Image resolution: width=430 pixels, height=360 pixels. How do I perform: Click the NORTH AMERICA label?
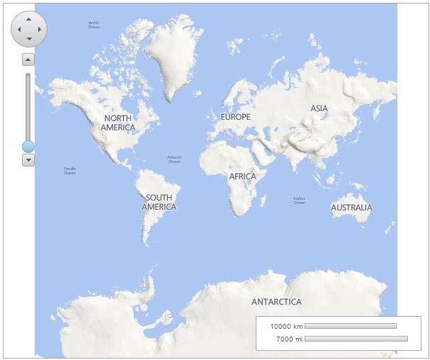click(x=118, y=123)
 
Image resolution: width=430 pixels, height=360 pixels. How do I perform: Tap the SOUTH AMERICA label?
click(x=159, y=202)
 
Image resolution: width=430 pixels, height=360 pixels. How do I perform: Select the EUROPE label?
click(x=235, y=116)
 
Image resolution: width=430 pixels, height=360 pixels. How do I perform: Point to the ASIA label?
click(x=319, y=108)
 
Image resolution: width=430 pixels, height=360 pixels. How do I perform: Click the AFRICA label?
click(x=242, y=176)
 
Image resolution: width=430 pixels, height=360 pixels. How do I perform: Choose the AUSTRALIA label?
click(x=351, y=208)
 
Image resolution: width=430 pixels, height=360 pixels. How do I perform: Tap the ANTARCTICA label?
click(x=276, y=301)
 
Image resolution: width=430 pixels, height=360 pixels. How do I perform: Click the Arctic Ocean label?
click(x=94, y=25)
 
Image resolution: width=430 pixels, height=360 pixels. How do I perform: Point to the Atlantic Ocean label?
click(x=174, y=159)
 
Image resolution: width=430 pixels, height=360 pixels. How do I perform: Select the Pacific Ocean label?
click(x=69, y=170)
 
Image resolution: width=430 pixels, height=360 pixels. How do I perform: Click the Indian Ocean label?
click(x=299, y=201)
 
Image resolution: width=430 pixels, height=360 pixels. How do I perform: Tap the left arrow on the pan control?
click(x=19, y=29)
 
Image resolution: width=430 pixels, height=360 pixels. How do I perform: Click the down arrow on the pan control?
click(x=29, y=39)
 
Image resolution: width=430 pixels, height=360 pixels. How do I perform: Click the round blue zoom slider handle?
click(x=28, y=147)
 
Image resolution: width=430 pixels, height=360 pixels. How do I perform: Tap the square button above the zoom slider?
click(x=28, y=60)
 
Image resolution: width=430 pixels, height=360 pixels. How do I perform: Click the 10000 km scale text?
click(x=286, y=326)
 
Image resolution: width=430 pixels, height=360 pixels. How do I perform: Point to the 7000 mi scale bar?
click(x=356, y=339)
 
